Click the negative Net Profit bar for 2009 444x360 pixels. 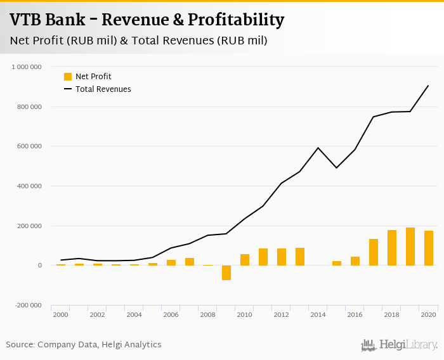226,273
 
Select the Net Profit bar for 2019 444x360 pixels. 410,247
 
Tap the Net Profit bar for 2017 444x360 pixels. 374,252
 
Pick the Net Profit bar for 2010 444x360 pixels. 245,260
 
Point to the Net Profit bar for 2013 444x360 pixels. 300,257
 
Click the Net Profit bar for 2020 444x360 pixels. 429,248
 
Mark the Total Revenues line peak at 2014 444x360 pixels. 318,148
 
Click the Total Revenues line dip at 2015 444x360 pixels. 337,168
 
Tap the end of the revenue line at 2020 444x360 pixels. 429,86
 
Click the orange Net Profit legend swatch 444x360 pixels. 68,77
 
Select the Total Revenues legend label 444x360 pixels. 103,89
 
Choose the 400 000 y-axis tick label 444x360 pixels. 29,186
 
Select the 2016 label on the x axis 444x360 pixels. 355,315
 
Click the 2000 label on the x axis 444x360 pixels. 60,315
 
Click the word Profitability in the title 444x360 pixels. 231,20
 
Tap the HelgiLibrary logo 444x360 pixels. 399,345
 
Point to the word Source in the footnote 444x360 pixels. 20,345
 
